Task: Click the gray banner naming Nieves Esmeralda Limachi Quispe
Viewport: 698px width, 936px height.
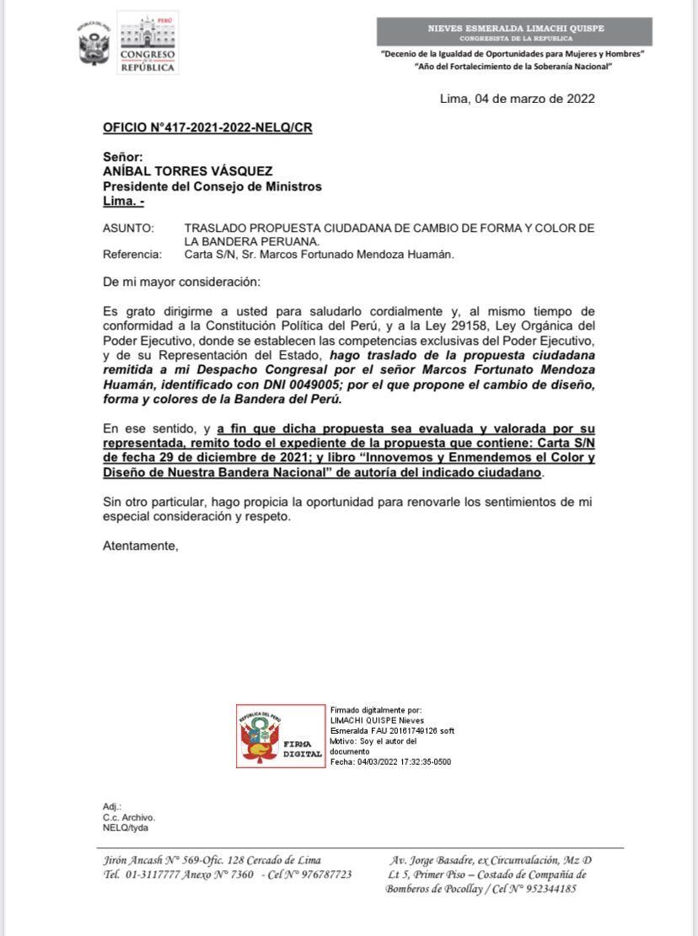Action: click(515, 33)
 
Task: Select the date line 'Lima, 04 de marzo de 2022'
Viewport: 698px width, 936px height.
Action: click(517, 99)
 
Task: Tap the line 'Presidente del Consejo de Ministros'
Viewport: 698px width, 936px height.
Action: click(212, 186)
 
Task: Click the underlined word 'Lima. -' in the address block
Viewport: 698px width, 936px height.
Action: click(123, 202)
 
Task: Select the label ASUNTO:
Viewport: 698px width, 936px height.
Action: click(128, 229)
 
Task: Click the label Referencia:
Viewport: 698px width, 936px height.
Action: click(132, 254)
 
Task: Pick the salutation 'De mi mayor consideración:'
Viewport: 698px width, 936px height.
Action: click(181, 281)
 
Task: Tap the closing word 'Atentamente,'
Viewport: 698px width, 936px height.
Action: click(141, 546)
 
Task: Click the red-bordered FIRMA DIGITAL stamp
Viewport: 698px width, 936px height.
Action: click(280, 735)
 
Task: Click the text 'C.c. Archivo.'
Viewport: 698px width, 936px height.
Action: click(129, 817)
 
